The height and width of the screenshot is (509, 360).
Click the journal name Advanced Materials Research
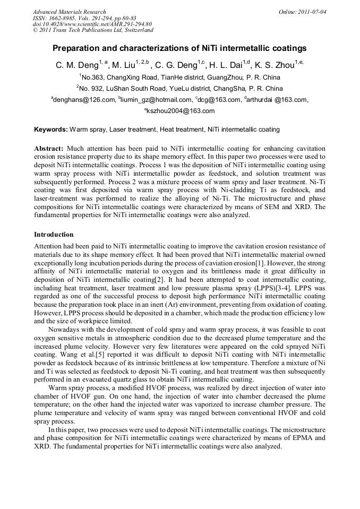pos(69,12)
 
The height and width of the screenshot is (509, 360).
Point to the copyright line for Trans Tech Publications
pos(93,30)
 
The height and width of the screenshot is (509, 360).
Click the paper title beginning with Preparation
pos(179,48)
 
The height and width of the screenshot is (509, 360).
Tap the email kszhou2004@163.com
pos(181,111)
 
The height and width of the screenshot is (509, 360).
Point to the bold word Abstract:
pos(49,149)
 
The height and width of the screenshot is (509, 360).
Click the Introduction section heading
pos(54,234)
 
